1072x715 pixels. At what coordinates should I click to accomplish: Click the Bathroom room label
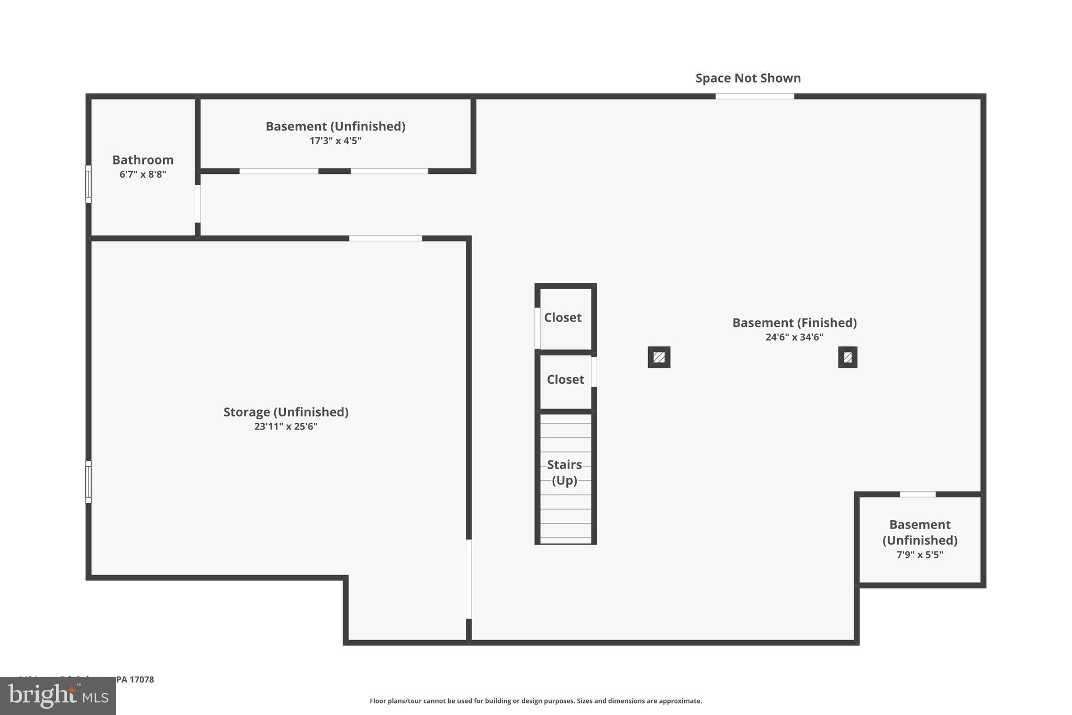(143, 160)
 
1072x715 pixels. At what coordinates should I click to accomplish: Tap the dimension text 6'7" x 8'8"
(143, 174)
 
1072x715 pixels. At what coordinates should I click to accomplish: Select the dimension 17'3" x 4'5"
(335, 141)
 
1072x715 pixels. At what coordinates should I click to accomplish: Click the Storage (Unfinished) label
(286, 412)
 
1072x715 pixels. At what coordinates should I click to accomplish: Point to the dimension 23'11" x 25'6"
(286, 426)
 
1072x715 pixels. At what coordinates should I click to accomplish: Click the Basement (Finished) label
(794, 323)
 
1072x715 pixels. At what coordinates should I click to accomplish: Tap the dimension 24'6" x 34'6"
(794, 337)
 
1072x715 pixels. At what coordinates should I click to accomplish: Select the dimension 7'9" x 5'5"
(920, 555)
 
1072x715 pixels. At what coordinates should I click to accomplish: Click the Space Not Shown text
(748, 78)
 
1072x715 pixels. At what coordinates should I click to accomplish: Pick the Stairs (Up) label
(564, 472)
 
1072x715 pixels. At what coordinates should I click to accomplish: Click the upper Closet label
(563, 317)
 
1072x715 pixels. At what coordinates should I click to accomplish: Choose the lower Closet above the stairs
(565, 379)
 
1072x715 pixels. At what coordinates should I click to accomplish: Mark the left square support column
(659, 357)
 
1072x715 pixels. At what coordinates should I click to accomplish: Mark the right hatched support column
(847, 357)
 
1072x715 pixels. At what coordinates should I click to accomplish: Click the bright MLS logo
(58, 696)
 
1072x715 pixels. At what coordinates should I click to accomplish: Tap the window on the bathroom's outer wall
(88, 184)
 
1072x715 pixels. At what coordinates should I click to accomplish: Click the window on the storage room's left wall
(88, 482)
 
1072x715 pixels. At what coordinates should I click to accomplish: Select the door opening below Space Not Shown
(754, 96)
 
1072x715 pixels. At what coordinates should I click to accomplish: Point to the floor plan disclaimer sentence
(535, 701)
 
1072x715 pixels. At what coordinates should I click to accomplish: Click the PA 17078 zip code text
(135, 679)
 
